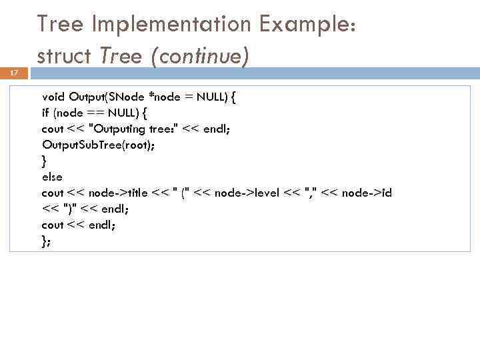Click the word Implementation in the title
click(171, 24)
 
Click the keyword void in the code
click(53, 97)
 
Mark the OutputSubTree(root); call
click(97, 145)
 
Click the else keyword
click(51, 177)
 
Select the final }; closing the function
click(45, 241)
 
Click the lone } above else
click(44, 161)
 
